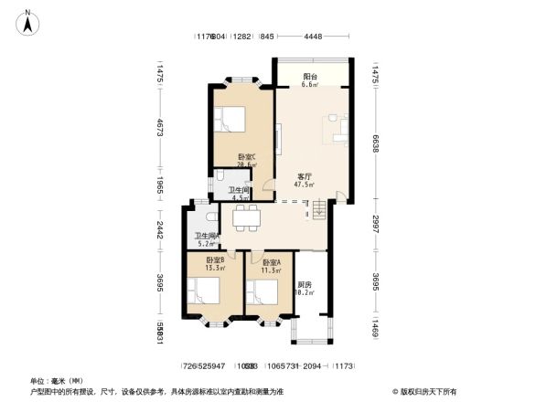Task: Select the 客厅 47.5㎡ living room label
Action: click(x=304, y=180)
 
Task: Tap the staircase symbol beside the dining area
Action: click(x=319, y=212)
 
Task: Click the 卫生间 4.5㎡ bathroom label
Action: click(x=241, y=193)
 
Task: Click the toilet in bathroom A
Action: click(x=211, y=217)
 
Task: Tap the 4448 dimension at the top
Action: click(x=313, y=37)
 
